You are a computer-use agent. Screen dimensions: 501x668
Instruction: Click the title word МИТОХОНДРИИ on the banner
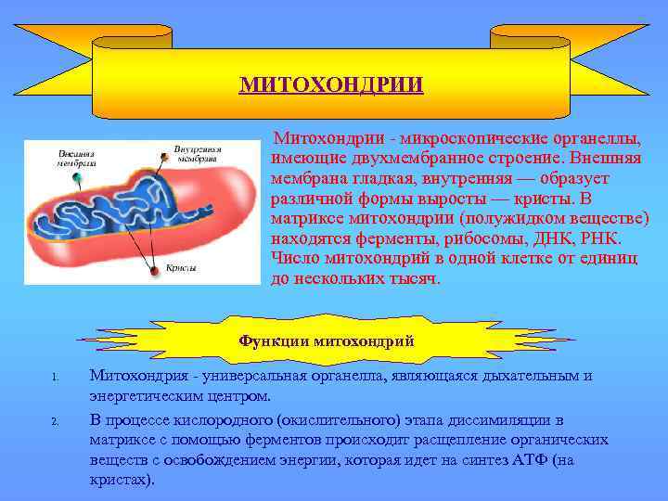pyautogui.click(x=331, y=85)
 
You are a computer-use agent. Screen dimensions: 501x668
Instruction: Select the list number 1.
pyautogui.click(x=57, y=378)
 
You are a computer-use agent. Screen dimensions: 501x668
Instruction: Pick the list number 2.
pyautogui.click(x=57, y=422)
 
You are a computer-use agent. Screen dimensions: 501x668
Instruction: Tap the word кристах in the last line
pyautogui.click(x=121, y=481)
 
